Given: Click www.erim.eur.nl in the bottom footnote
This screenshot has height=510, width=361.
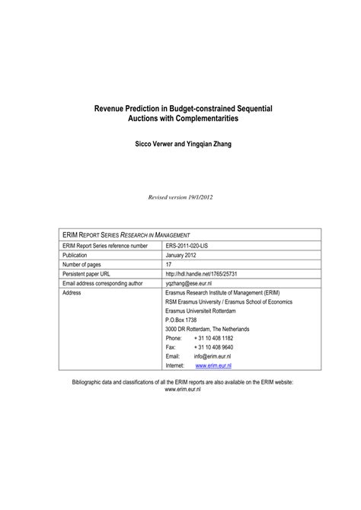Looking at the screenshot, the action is [181, 389].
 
